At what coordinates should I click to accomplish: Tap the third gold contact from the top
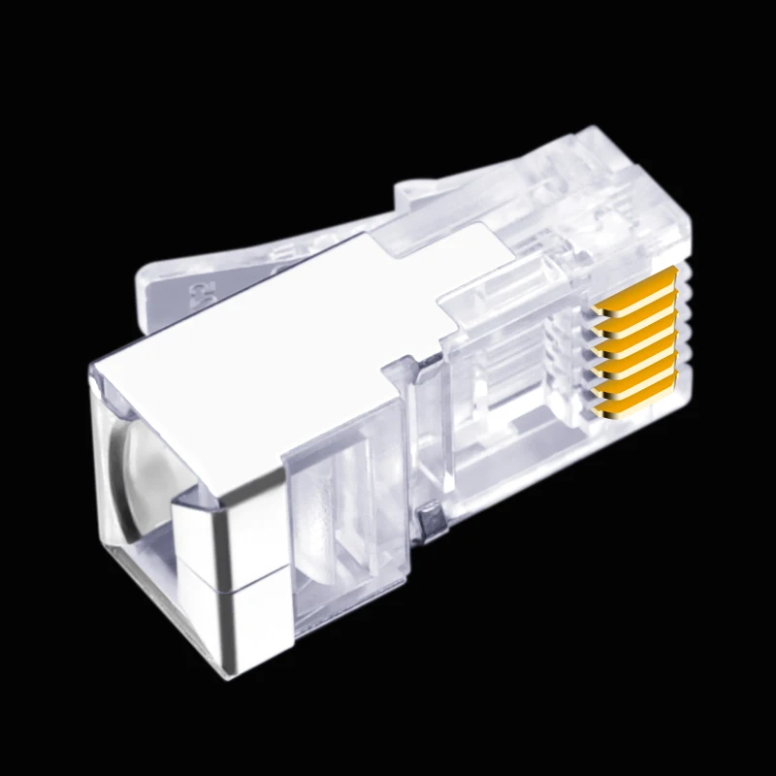coord(636,328)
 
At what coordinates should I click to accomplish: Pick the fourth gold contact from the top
coord(636,348)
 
